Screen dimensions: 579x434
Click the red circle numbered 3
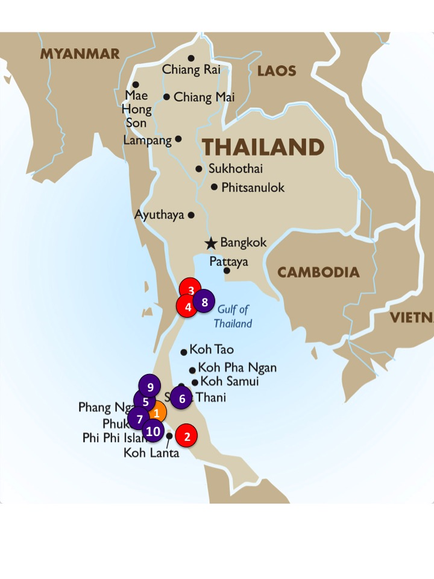[191, 289]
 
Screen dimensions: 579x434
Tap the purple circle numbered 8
[204, 302]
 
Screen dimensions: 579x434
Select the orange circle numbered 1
[156, 413]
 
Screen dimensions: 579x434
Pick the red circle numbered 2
[187, 436]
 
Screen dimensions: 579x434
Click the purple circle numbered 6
[181, 398]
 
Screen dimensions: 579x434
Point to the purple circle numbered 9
[150, 386]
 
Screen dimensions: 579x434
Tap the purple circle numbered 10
[153, 431]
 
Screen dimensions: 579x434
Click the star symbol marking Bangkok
[210, 243]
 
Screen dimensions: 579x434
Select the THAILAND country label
[263, 148]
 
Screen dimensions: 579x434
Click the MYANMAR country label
[80, 54]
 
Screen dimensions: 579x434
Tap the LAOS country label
[277, 71]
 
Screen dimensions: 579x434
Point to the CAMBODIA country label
[318, 273]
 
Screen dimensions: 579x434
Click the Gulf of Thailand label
[233, 316]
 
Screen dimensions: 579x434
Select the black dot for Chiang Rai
[191, 59]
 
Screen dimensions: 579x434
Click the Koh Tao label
[212, 349]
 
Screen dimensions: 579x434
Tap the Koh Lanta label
[151, 452]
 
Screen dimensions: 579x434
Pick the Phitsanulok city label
[253, 188]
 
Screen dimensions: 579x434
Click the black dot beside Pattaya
[227, 271]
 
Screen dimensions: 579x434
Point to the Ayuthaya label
[160, 215]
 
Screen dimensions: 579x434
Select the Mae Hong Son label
[136, 109]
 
